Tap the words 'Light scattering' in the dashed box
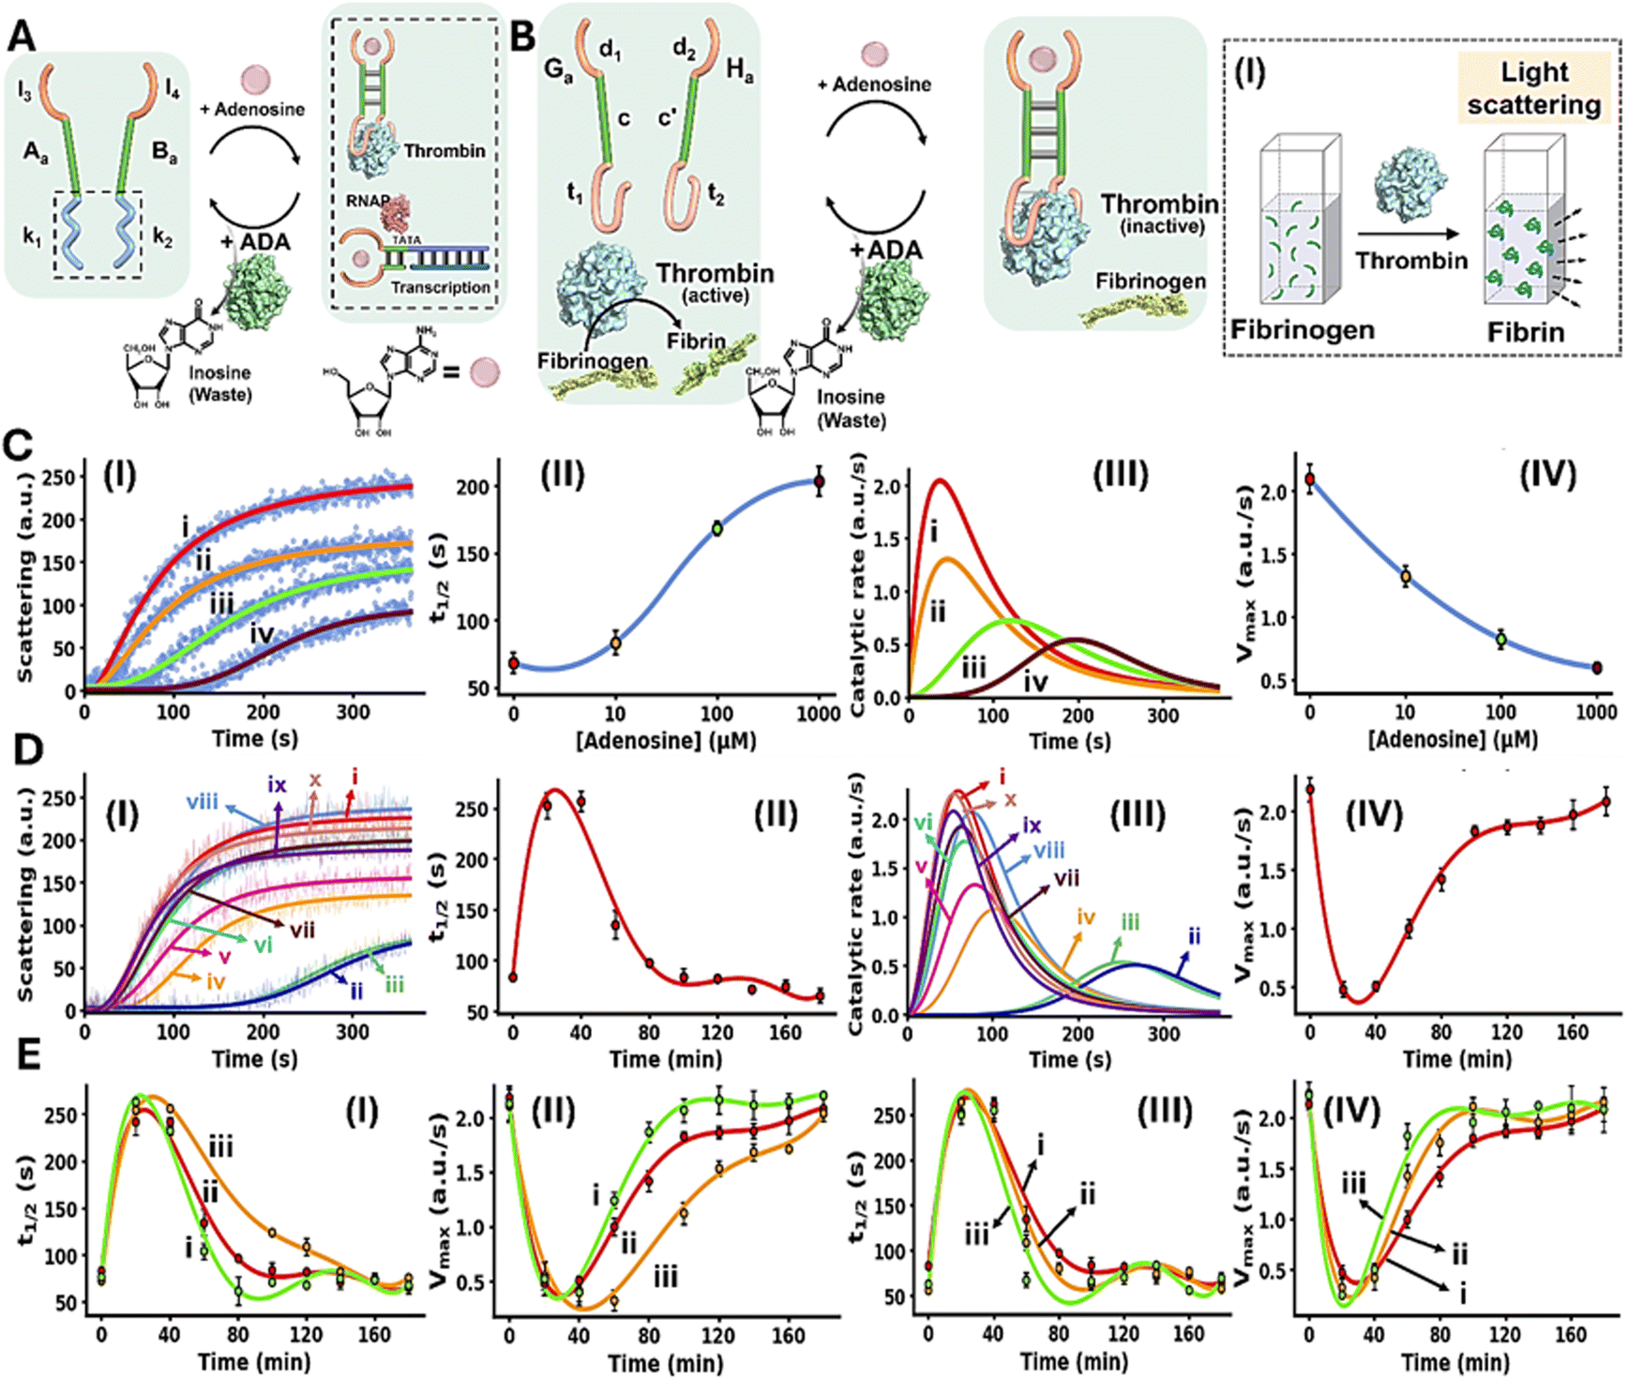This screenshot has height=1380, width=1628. pyautogui.click(x=1534, y=88)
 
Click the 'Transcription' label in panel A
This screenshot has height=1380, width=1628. pyautogui.click(x=440, y=287)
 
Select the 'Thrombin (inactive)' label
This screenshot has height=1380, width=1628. pyautogui.click(x=1160, y=213)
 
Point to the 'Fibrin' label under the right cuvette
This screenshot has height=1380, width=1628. pyautogui.click(x=1526, y=332)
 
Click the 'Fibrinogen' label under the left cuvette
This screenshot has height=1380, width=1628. pyautogui.click(x=1303, y=330)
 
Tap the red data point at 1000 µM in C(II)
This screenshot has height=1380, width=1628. pyautogui.click(x=819, y=482)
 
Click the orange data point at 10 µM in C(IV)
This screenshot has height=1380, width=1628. pyautogui.click(x=1406, y=577)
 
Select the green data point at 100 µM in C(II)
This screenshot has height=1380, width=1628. pyautogui.click(x=717, y=528)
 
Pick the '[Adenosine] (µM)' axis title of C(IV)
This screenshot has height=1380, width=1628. pyautogui.click(x=1453, y=740)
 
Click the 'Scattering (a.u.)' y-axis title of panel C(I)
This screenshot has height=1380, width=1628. pyautogui.click(x=24, y=575)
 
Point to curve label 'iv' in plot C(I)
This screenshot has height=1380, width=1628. pyautogui.click(x=262, y=635)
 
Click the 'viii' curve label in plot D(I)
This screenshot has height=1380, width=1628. pyautogui.click(x=203, y=801)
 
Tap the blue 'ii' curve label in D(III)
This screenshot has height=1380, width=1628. pyautogui.click(x=1194, y=936)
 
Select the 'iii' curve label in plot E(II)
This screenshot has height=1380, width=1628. pyautogui.click(x=665, y=1276)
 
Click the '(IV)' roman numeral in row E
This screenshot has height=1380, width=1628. pyautogui.click(x=1351, y=1113)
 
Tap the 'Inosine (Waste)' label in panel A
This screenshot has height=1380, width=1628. pyautogui.click(x=220, y=384)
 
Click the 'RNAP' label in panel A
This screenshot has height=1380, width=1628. pyautogui.click(x=366, y=201)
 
